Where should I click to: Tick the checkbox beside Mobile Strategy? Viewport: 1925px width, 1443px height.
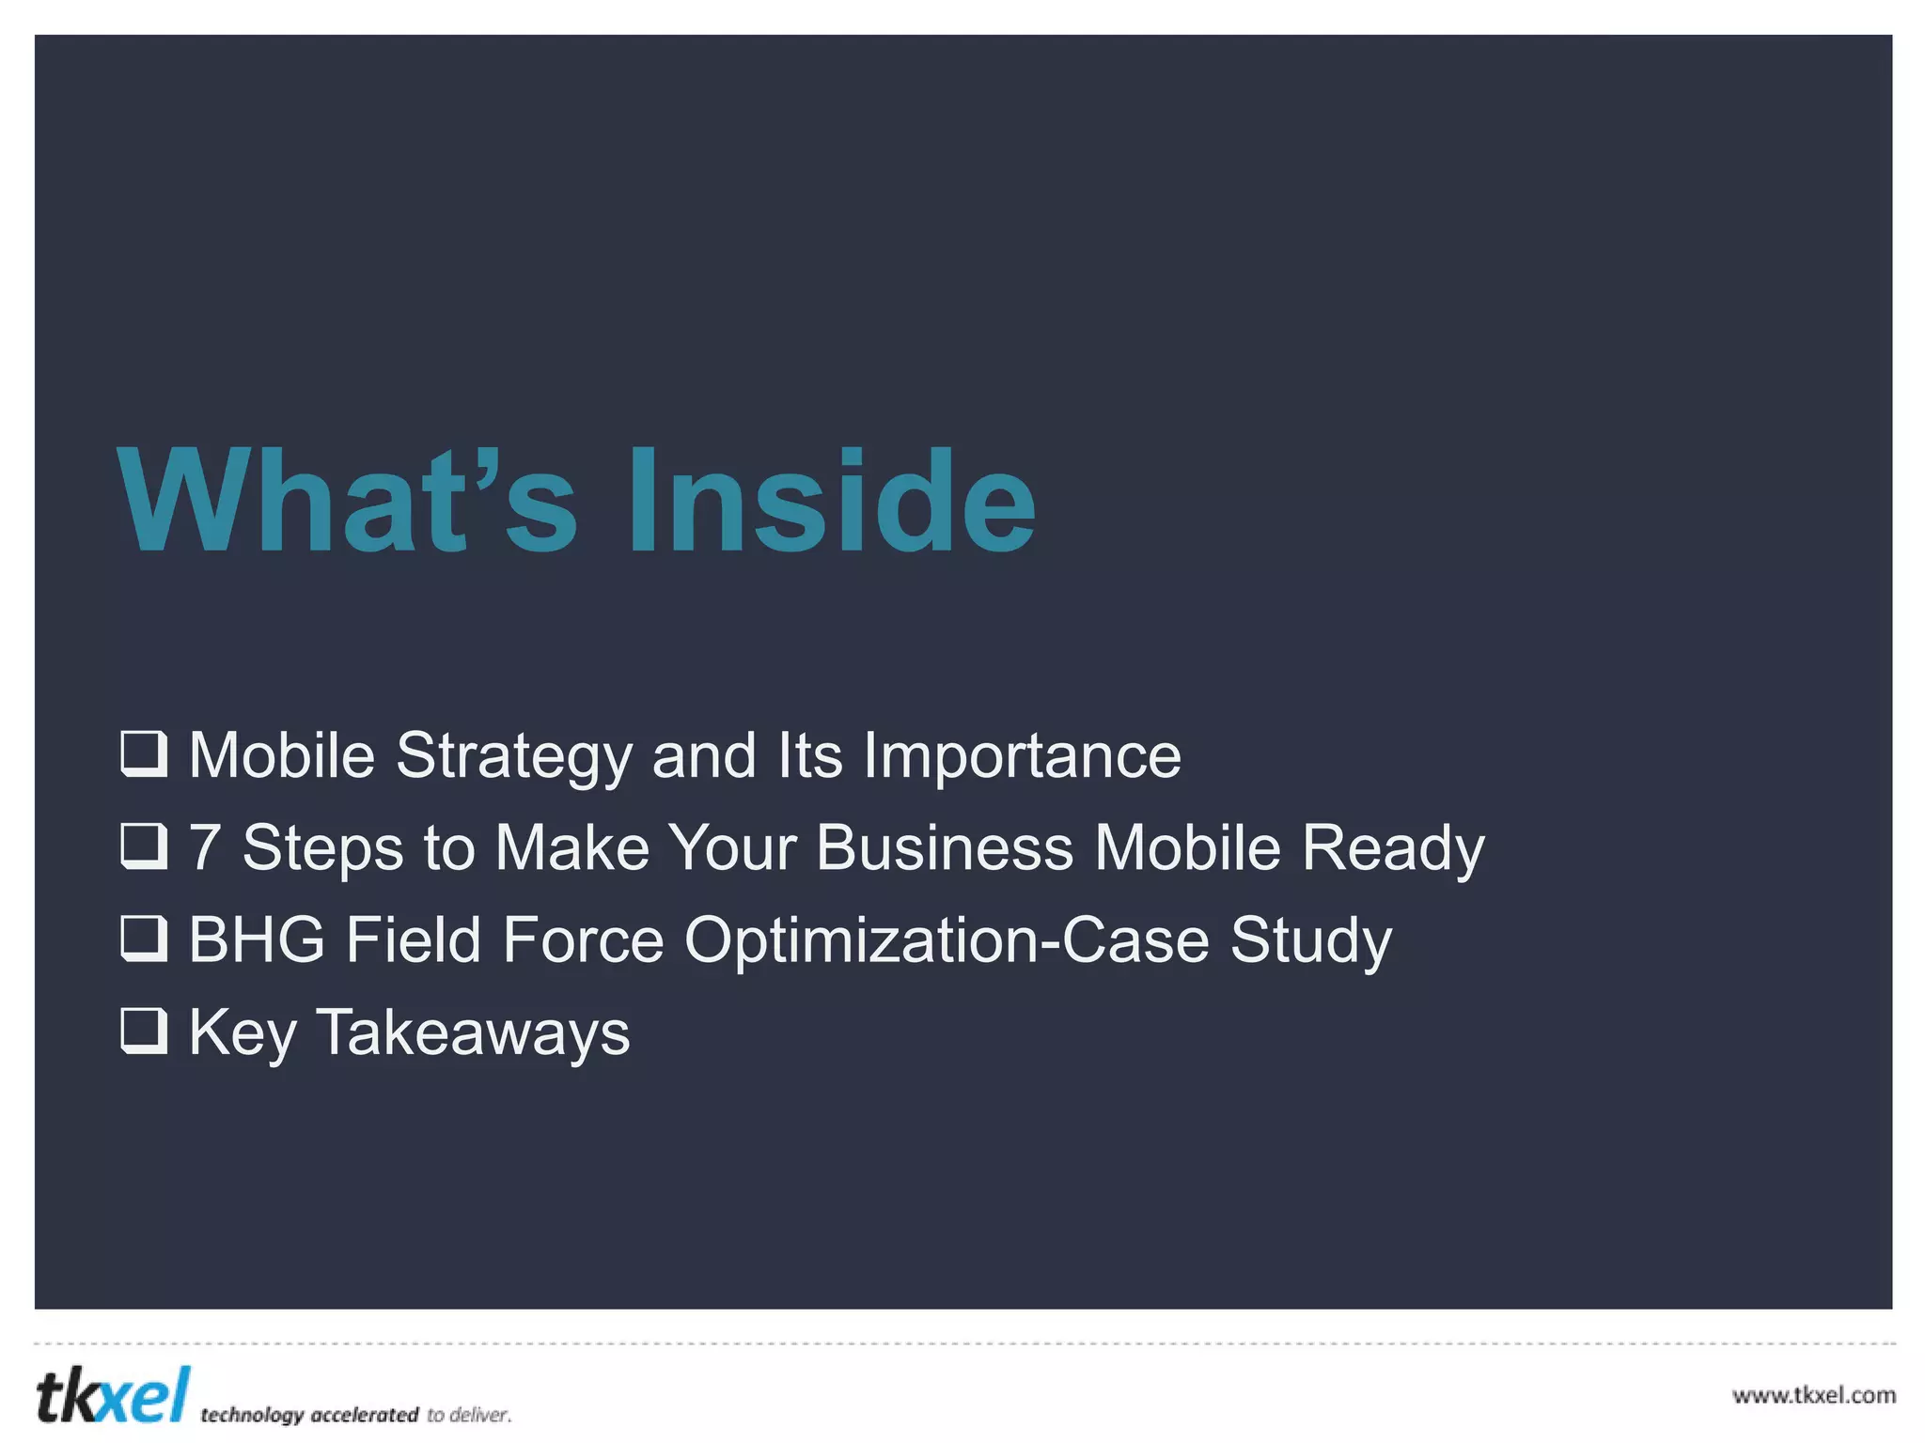click(x=144, y=754)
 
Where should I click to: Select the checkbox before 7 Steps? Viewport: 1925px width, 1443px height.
click(x=144, y=846)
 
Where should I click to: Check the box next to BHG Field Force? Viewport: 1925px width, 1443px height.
click(x=144, y=939)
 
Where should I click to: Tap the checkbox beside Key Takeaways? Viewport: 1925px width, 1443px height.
click(x=144, y=1031)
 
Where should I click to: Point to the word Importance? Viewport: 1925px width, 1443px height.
click(x=1022, y=756)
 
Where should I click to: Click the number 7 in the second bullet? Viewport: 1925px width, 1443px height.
click(x=205, y=847)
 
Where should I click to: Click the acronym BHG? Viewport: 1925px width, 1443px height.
click(x=257, y=939)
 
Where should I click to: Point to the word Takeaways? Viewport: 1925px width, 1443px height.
click(x=474, y=1032)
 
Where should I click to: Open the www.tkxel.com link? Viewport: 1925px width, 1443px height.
click(x=1813, y=1395)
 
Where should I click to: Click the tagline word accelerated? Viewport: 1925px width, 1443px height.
click(x=364, y=1415)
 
